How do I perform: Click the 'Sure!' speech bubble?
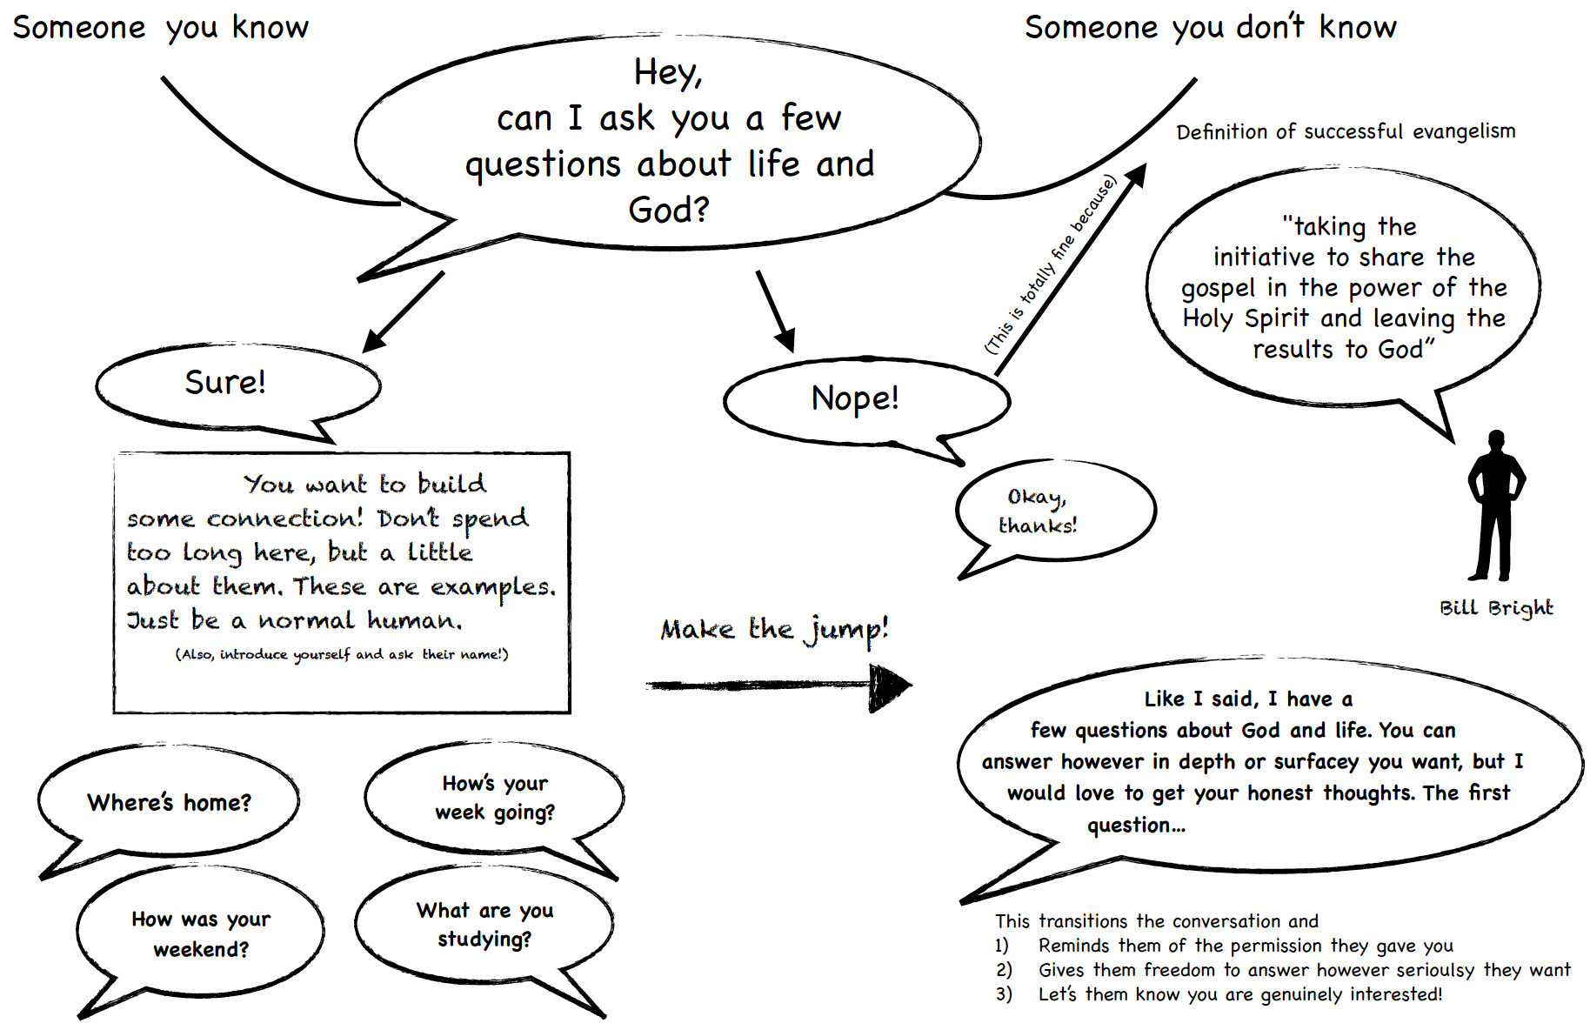click(x=226, y=383)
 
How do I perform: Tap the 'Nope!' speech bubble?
click(x=855, y=398)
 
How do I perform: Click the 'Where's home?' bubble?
click(x=169, y=802)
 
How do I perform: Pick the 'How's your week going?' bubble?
click(x=494, y=797)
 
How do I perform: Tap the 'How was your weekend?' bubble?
click(x=201, y=933)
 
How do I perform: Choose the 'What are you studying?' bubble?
click(x=484, y=924)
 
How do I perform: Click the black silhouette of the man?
click(x=1496, y=505)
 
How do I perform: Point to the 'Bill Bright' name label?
click(x=1495, y=607)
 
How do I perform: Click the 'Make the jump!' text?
click(x=774, y=628)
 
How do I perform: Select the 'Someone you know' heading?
click(x=161, y=28)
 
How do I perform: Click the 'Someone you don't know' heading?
click(x=1210, y=28)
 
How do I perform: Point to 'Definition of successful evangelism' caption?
click(x=1345, y=131)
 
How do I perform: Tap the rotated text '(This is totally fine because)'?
click(x=1050, y=265)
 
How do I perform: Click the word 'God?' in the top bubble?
click(x=668, y=210)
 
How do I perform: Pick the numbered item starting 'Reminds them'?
click(x=1245, y=946)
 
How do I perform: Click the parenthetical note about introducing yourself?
click(x=342, y=654)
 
